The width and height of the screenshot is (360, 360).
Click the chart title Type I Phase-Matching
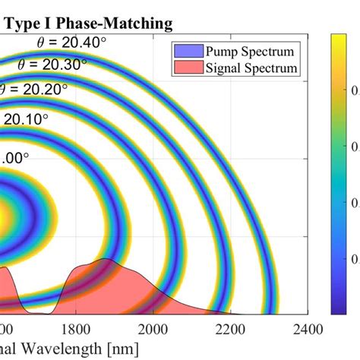tap(89, 24)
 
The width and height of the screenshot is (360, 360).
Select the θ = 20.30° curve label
tap(54, 65)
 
